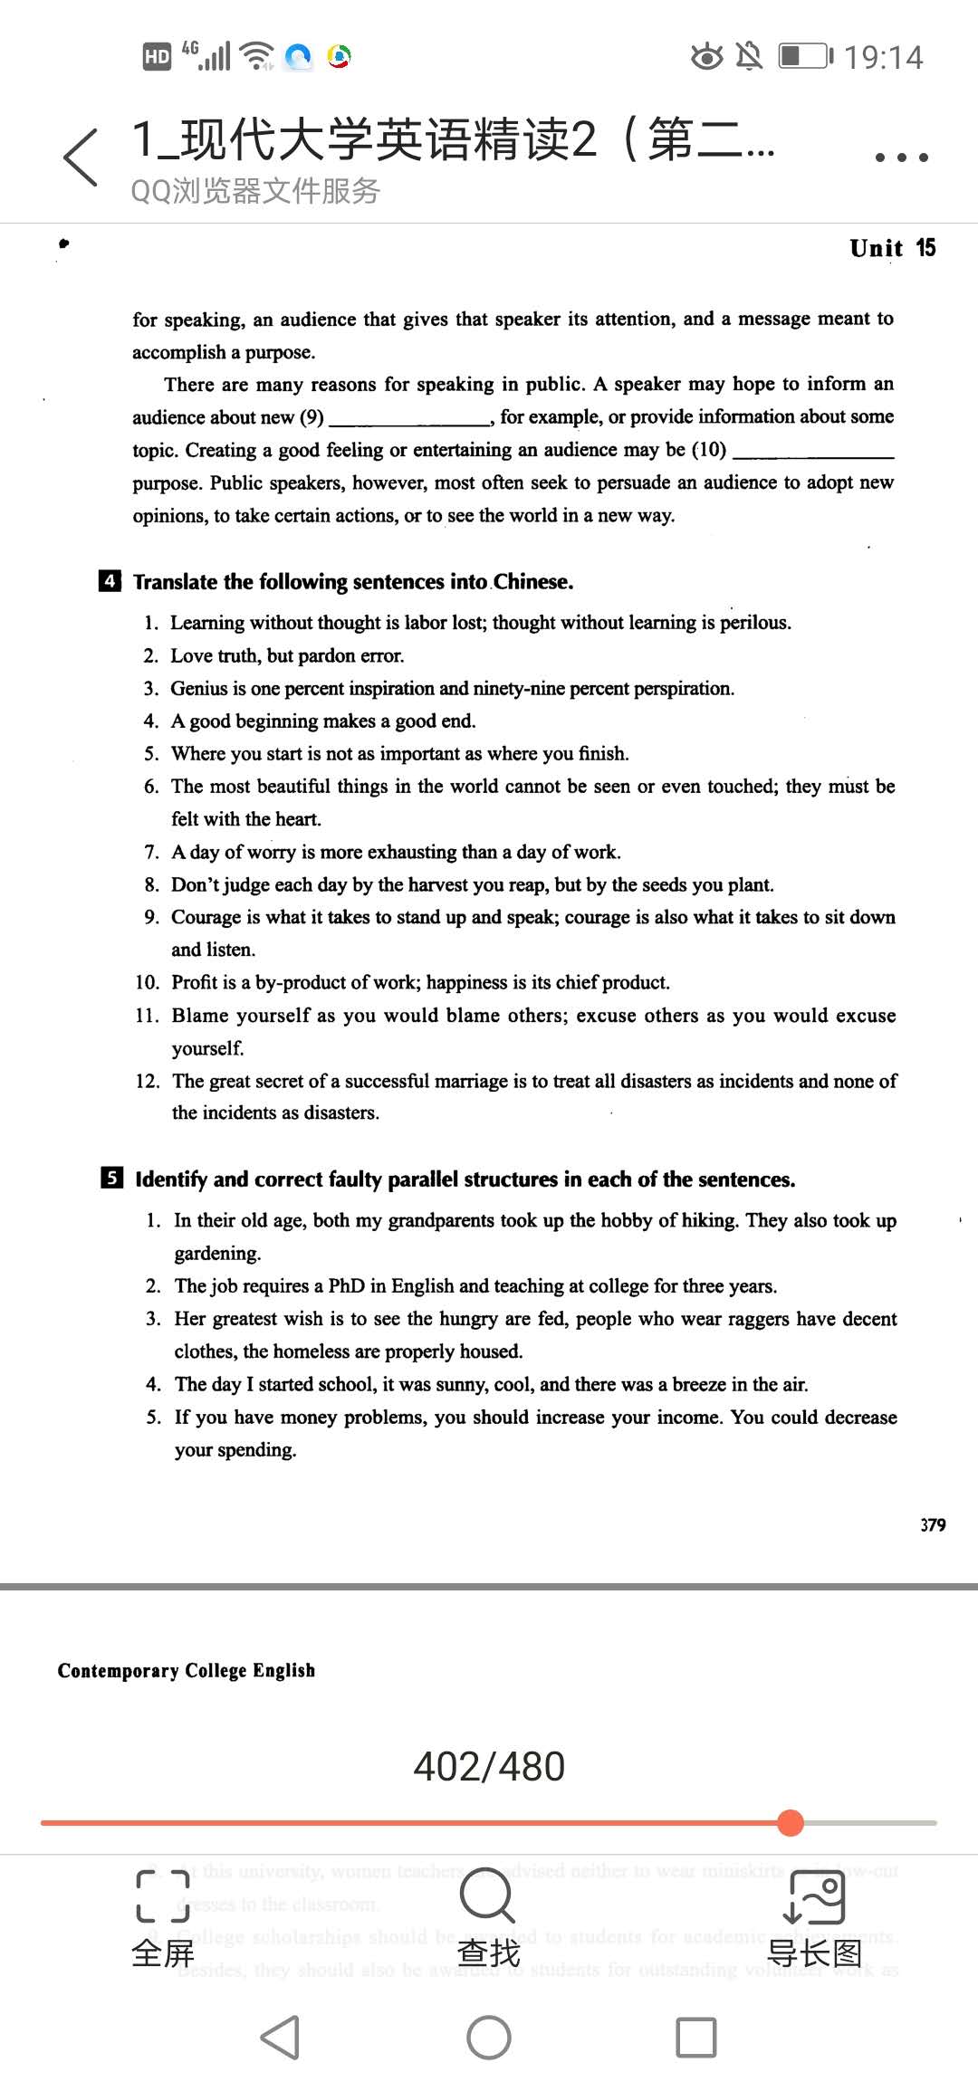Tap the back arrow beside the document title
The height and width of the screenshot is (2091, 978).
pos(81,158)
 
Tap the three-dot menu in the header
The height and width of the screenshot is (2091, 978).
pos(901,158)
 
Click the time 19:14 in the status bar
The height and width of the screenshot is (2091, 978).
pos(883,58)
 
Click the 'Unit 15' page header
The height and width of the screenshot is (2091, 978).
pos(892,248)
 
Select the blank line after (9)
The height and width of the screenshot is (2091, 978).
pos(409,419)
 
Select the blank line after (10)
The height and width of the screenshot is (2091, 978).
pos(812,453)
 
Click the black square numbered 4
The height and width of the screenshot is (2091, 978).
pos(110,581)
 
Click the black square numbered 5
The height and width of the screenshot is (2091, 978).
pos(111,1178)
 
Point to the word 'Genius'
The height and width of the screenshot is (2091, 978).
pos(199,689)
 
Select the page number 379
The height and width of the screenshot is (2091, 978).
pos(933,1525)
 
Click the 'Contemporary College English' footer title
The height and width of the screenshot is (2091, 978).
pos(187,1670)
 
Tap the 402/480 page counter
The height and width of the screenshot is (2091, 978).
pos(489,1766)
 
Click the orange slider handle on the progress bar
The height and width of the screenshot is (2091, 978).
pos(791,1822)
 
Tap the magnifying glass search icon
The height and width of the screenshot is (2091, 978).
pos(487,1895)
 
